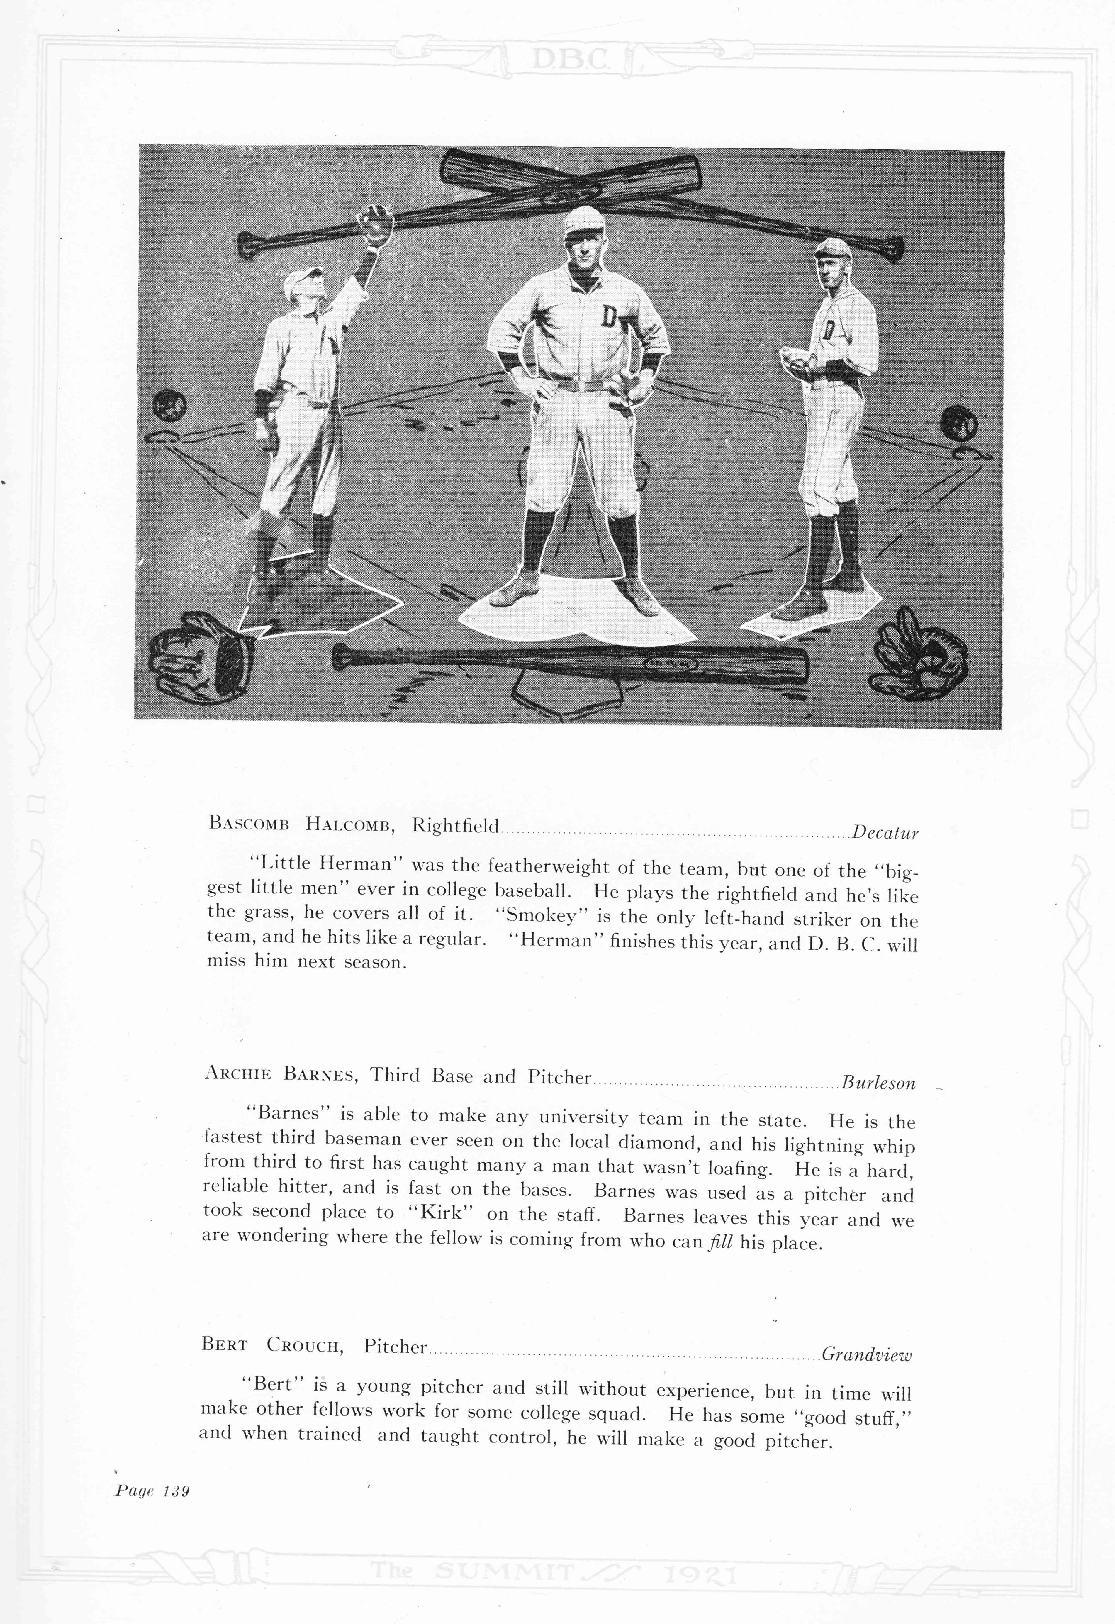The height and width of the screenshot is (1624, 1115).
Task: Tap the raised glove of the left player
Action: pos(377,223)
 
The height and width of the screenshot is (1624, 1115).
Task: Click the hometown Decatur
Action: pos(885,833)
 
